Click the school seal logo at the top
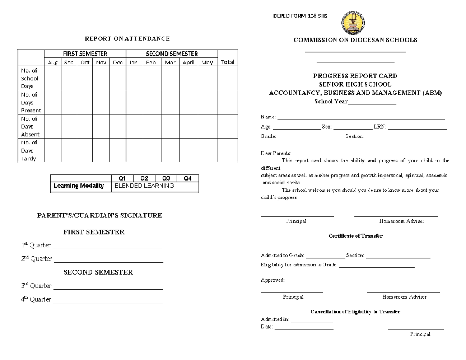[x=353, y=23]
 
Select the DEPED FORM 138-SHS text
[x=301, y=16]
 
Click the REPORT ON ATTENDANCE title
[x=127, y=38]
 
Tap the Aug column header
[x=52, y=63]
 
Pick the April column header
[x=188, y=63]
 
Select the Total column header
[x=228, y=62]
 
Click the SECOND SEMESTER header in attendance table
[x=172, y=54]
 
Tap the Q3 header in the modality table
[x=166, y=179]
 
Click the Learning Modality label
[x=79, y=186]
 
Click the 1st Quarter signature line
[x=107, y=248]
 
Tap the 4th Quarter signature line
[x=108, y=302]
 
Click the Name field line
[x=361, y=119]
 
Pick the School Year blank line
[x=372, y=104]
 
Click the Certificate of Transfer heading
[x=355, y=236]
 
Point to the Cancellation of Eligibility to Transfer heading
[x=355, y=312]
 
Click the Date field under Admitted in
[x=304, y=329]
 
